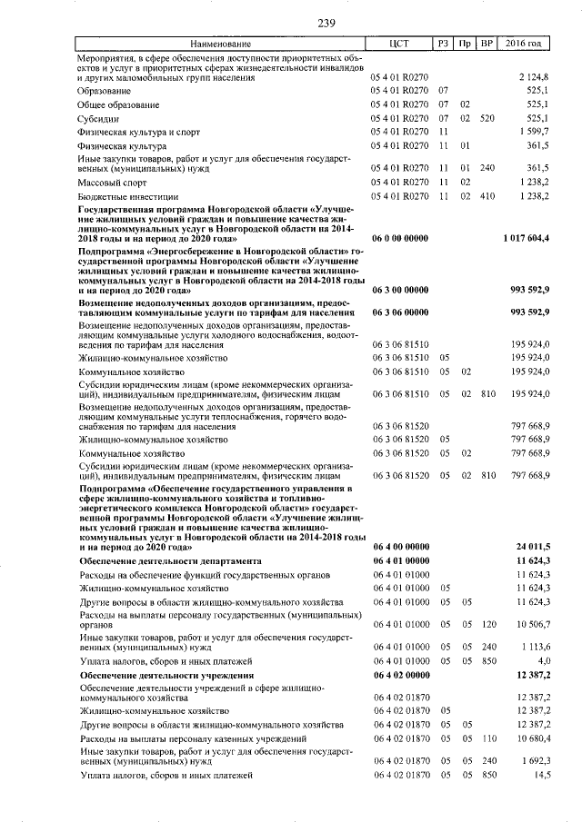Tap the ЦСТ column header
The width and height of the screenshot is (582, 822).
pyautogui.click(x=400, y=44)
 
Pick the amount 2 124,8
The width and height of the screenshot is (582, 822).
pyautogui.click(x=534, y=78)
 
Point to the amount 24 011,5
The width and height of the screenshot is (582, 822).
pyautogui.click(x=533, y=546)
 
